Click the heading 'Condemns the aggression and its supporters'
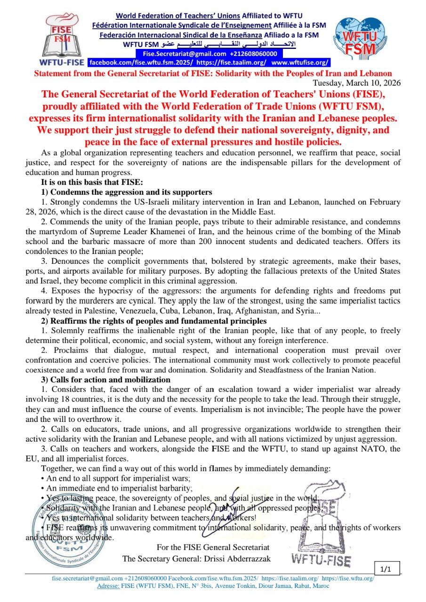pos(131,192)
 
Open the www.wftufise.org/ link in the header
pos(300,62)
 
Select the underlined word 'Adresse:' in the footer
pos(108,586)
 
